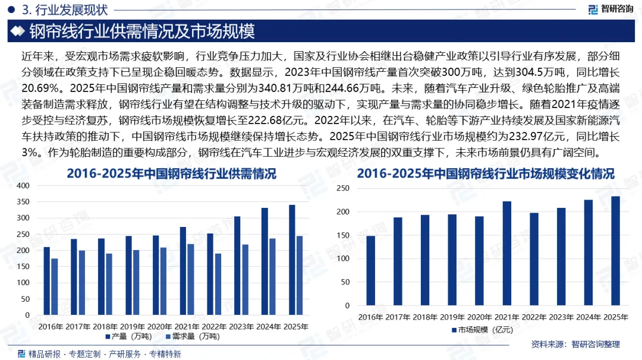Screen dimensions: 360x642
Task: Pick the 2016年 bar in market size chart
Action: pyautogui.click(x=371, y=270)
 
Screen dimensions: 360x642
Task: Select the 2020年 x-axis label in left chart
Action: pyautogui.click(x=160, y=327)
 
